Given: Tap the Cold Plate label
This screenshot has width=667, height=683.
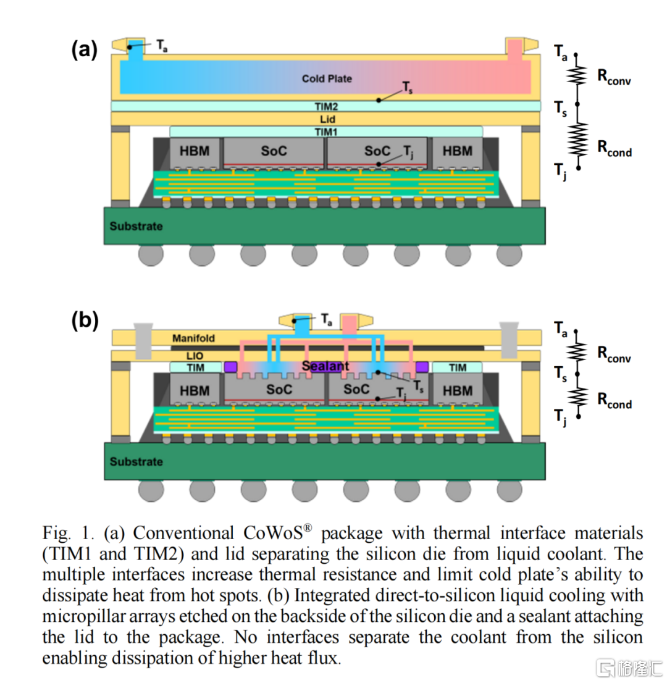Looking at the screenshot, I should point(327,78).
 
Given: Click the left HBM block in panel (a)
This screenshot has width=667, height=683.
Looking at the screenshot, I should point(194,151).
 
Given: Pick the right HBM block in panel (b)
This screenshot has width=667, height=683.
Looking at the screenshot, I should point(458,390).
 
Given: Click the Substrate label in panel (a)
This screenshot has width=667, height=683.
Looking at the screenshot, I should point(136,226).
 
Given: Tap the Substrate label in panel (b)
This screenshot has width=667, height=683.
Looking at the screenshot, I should point(136,461).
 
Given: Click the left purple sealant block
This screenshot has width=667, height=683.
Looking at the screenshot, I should point(230,367).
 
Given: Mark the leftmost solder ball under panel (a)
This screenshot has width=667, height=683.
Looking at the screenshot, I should point(151,255).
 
